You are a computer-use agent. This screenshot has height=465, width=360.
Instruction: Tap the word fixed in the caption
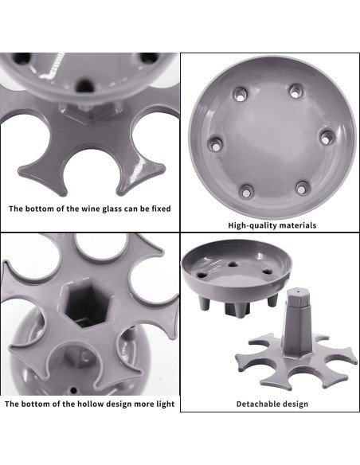[x=162, y=209]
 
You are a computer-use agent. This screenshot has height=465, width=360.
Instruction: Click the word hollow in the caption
[x=91, y=404]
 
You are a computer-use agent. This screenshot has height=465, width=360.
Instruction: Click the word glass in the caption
[x=112, y=209]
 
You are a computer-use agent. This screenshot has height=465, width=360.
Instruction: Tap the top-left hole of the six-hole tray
[x=241, y=94]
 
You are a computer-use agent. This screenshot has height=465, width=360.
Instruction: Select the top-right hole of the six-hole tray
[x=295, y=92]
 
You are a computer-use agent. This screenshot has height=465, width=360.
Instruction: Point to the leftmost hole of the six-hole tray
[x=216, y=144]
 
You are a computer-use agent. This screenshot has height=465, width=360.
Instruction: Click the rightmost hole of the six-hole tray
[x=327, y=139]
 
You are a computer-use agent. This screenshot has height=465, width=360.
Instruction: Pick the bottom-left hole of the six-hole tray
[x=246, y=192]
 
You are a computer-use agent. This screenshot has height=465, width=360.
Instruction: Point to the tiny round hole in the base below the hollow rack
[x=73, y=390]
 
